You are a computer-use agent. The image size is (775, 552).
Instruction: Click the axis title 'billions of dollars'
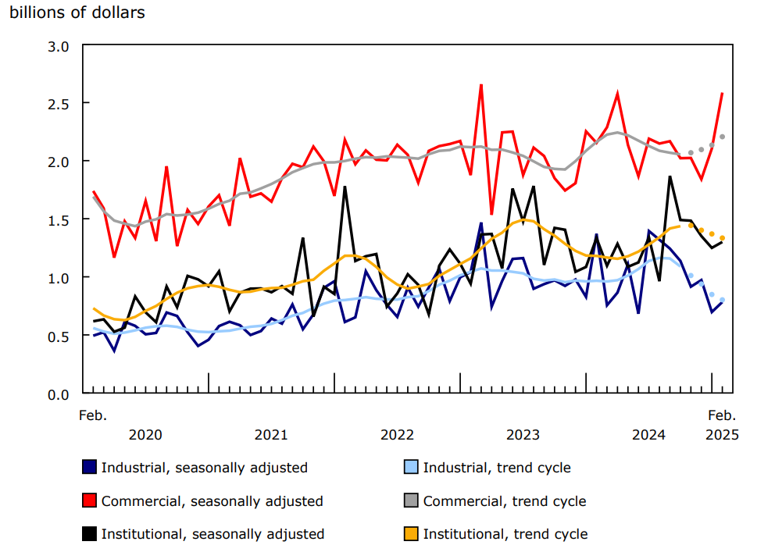point(77,13)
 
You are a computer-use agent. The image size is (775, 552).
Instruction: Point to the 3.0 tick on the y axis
point(60,46)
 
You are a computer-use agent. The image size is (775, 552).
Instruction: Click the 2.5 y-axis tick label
point(60,104)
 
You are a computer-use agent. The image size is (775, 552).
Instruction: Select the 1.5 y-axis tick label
point(60,219)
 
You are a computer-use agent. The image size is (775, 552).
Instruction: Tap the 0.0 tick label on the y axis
point(60,394)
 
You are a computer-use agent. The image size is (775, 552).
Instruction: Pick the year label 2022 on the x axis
point(397,434)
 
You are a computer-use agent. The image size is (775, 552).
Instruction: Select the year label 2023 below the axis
point(523,434)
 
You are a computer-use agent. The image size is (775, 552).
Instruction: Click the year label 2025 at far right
point(721,434)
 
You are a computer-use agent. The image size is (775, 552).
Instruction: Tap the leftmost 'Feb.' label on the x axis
point(93,415)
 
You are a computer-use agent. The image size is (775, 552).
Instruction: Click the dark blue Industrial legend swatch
point(90,468)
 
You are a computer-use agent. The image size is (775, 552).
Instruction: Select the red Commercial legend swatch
point(90,500)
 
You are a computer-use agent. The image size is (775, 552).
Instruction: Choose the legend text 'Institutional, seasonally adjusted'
point(212,534)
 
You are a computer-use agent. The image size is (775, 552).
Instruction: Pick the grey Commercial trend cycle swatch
point(411,500)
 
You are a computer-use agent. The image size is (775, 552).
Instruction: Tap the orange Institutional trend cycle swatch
point(411,534)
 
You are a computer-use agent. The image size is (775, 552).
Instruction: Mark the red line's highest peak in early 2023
point(480,85)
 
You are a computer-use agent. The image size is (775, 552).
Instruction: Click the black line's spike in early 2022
point(345,187)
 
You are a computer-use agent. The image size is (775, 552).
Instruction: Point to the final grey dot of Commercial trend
point(722,137)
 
